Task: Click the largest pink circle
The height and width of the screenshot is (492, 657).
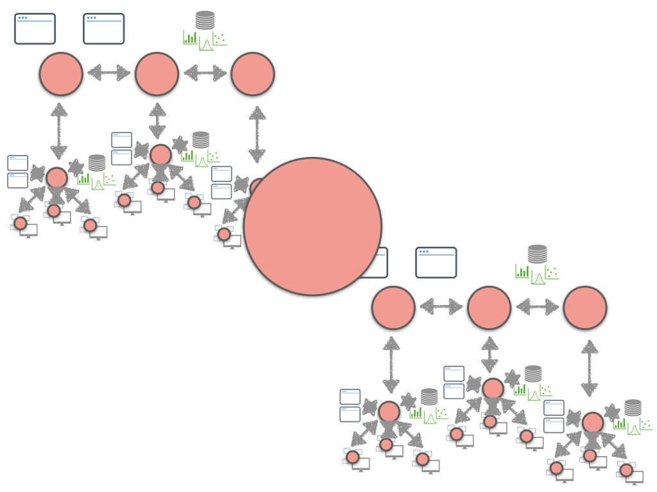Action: (312, 226)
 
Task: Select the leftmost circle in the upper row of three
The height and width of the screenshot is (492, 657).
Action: (61, 74)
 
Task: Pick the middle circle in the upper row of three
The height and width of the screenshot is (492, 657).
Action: (157, 74)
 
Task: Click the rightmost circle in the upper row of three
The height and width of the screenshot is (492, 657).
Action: (253, 74)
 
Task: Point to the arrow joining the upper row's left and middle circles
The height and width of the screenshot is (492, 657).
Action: (108, 72)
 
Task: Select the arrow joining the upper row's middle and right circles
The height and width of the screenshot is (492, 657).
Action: (205, 72)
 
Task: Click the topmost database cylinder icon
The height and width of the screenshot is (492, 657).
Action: (205, 20)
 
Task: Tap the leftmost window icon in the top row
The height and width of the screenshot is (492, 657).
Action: (35, 29)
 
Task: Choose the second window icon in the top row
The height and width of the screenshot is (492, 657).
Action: (104, 29)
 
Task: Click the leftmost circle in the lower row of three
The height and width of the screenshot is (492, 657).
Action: (393, 307)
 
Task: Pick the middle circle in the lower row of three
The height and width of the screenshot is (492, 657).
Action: (489, 307)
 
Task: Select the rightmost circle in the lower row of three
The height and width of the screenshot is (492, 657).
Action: (585, 307)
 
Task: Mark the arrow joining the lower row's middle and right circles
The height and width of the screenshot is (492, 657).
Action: (537, 306)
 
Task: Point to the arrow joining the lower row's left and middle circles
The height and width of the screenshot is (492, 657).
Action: (441, 306)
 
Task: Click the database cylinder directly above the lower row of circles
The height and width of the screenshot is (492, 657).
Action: (538, 254)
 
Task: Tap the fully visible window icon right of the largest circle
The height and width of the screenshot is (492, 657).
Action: (436, 263)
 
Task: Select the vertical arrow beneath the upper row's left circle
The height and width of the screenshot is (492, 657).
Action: (58, 131)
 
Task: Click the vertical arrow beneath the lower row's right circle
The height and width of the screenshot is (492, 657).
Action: (589, 368)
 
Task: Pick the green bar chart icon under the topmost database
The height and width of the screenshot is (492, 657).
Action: (190, 38)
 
